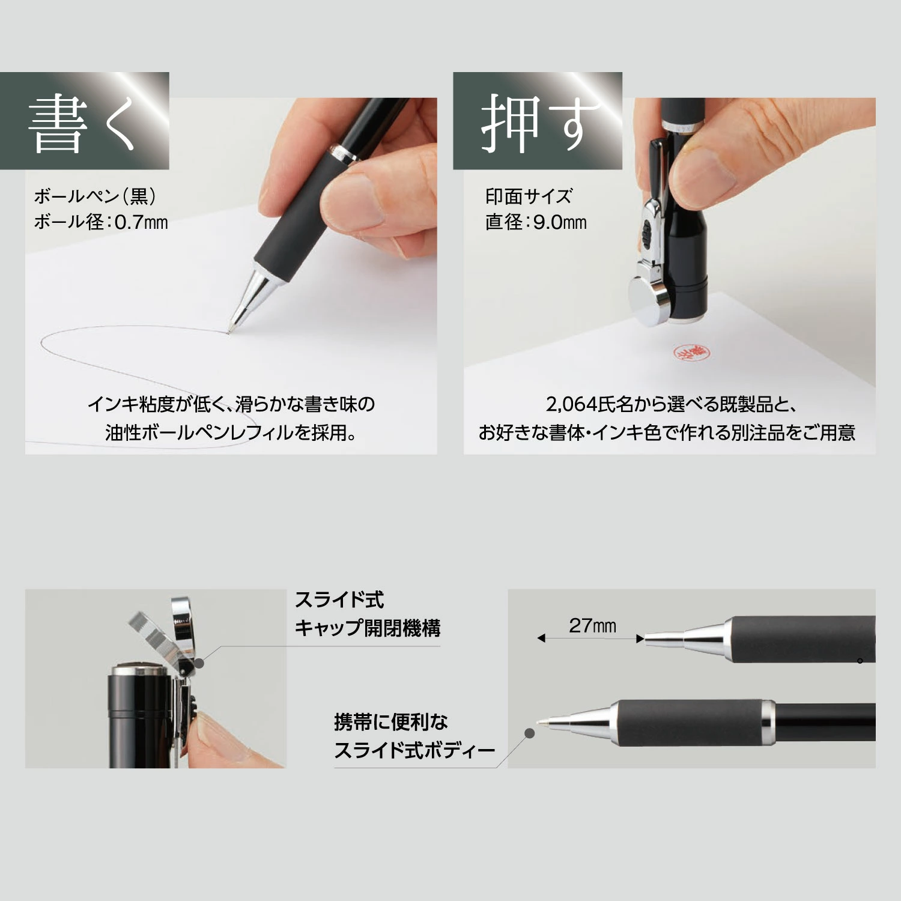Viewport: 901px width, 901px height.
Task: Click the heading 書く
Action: click(82, 123)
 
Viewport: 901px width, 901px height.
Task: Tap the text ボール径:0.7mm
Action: click(101, 222)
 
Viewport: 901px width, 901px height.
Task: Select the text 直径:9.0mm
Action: click(536, 222)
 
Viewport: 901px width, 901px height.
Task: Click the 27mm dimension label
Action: click(592, 626)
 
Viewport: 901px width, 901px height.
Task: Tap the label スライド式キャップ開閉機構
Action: click(368, 614)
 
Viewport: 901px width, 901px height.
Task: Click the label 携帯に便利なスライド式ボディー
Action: click(414, 736)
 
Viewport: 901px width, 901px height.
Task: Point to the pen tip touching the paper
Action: click(229, 332)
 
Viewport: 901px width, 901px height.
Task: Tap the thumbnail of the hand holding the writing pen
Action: click(231, 276)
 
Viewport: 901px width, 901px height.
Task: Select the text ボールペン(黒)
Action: click(95, 196)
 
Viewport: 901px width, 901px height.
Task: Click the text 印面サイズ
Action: click(529, 196)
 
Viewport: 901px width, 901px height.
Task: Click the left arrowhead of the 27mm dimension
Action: click(541, 639)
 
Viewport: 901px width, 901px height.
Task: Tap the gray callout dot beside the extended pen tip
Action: click(529, 733)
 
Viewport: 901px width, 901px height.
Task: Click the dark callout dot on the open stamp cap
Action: click(200, 663)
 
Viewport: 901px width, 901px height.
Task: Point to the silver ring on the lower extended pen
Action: click(768, 723)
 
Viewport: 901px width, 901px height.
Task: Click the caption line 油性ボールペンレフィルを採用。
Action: click(231, 432)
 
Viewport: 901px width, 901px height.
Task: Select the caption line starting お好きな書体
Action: click(667, 432)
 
